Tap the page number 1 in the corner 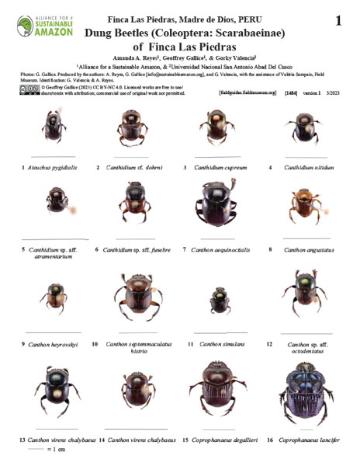(338, 21)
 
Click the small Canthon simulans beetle (215, 301)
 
